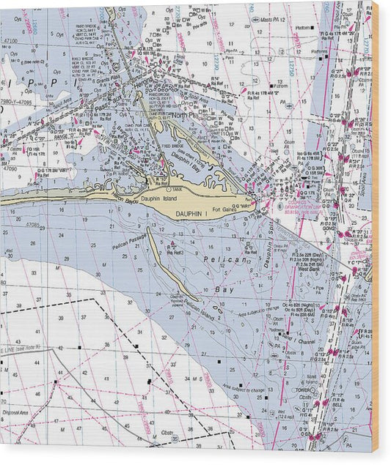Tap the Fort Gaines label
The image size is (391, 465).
click(222, 210)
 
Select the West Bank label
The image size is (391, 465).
click(307, 269)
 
